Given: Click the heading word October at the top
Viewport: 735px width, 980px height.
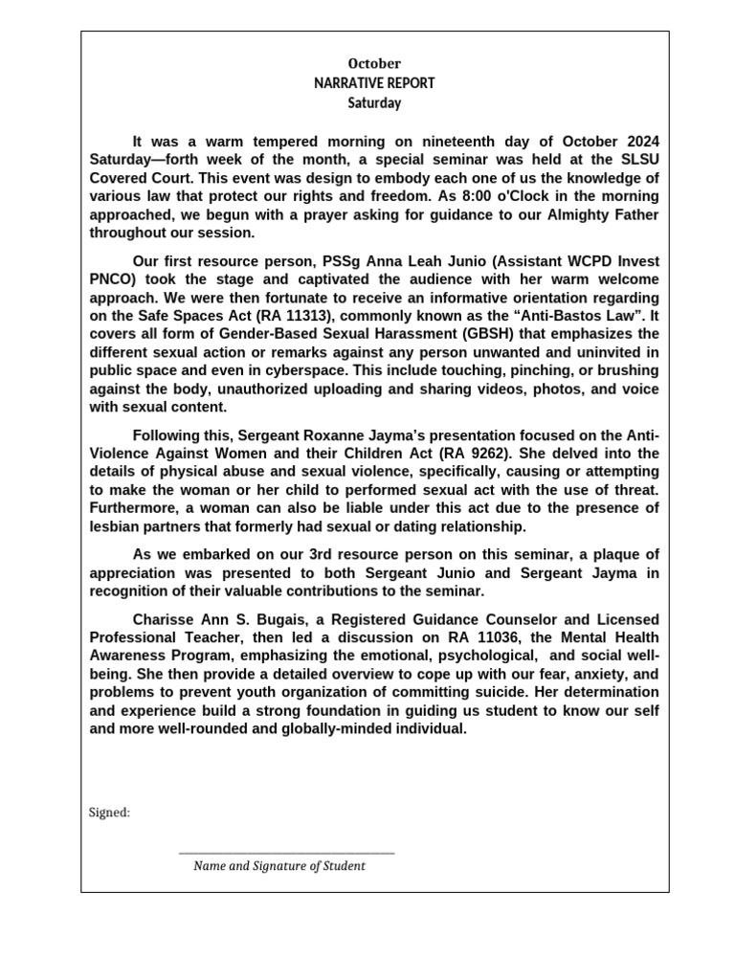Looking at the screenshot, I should [374, 64].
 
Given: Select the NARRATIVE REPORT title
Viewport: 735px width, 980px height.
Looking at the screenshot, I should [374, 83].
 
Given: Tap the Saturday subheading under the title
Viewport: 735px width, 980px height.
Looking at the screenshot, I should [374, 102].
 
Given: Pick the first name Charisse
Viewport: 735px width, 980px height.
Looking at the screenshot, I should [163, 618].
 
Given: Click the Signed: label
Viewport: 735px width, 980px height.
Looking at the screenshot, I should [110, 813].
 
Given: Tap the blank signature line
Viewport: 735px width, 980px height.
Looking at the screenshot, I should [286, 851].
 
